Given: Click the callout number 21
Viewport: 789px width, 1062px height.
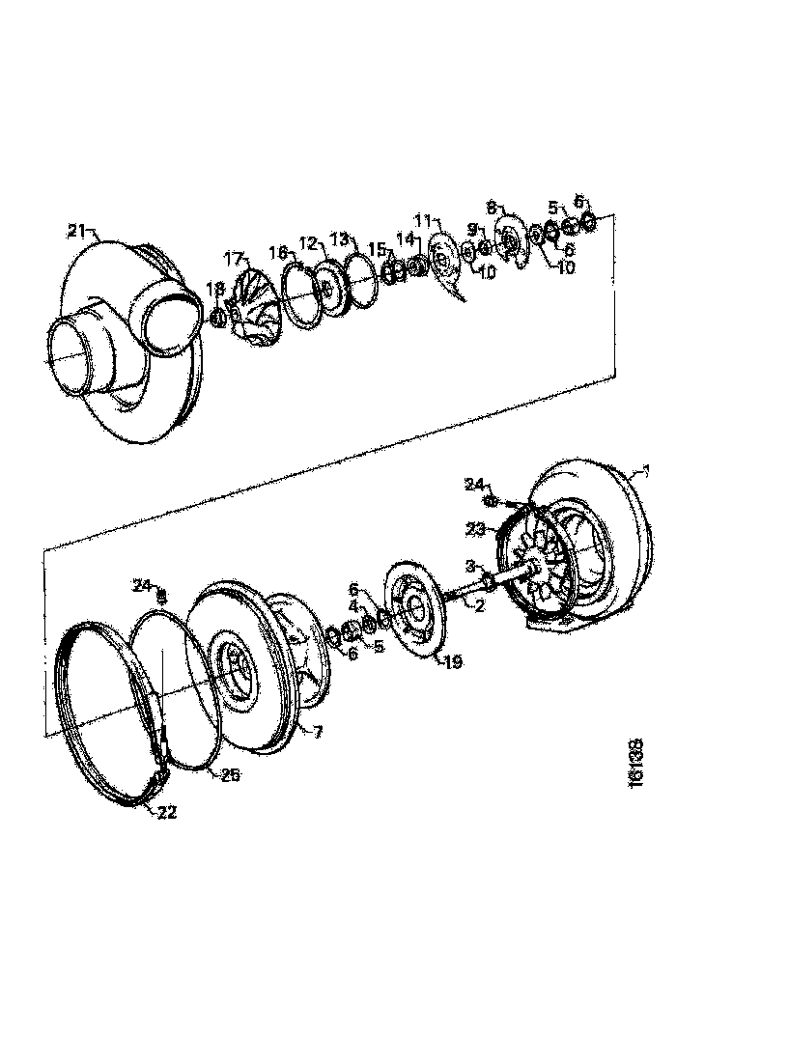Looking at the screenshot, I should click(76, 230).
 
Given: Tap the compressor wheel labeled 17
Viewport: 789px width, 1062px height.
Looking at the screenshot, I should click(254, 304).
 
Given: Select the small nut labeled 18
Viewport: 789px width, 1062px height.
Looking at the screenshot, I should click(218, 316).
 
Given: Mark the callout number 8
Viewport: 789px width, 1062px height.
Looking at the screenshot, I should click(491, 207).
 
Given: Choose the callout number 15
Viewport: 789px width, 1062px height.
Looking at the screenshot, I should click(377, 249).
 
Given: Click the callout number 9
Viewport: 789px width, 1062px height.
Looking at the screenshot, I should click(472, 229).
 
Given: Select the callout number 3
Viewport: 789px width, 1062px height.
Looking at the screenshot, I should click(470, 564).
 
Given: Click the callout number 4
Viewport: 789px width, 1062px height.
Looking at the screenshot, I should click(353, 605).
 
